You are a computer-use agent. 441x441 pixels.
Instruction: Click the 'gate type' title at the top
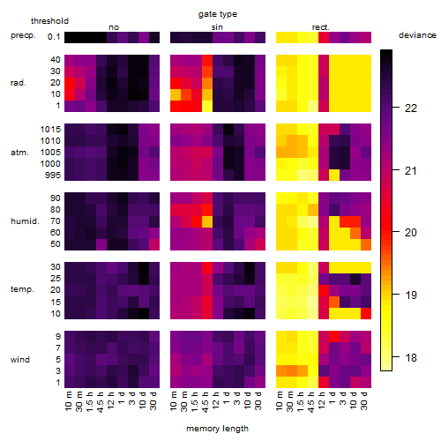coord(218,14)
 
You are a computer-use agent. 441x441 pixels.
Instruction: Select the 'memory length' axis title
coord(217,429)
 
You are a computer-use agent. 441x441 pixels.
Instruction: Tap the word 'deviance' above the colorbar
coord(417,35)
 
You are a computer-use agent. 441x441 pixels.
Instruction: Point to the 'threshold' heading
coord(49,21)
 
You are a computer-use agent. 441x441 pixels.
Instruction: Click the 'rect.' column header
coord(320,27)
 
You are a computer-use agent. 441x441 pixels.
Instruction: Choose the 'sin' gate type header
coord(217,27)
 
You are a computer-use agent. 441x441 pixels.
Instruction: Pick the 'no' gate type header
coord(114,27)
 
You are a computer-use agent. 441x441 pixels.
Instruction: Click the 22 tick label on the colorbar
coord(411,108)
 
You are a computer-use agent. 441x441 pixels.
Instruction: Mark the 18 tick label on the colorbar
coord(411,358)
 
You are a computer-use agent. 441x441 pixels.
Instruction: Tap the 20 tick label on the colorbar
coord(411,233)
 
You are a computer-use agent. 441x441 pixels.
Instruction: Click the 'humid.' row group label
coord(25,221)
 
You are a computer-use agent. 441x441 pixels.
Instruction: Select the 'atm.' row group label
coord(19,153)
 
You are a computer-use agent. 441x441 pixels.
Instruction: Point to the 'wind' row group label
coord(20,360)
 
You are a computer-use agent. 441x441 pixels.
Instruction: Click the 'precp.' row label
coord(23,36)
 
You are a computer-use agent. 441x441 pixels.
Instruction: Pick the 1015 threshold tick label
coord(50,130)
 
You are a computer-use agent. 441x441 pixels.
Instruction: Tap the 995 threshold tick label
coord(53,176)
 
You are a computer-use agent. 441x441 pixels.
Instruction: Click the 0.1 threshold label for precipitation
coord(54,37)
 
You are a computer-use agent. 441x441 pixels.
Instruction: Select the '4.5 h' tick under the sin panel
coord(206,402)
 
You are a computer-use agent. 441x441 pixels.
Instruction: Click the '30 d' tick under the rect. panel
coord(364,400)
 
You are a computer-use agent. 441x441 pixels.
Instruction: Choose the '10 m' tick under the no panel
coord(68,401)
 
